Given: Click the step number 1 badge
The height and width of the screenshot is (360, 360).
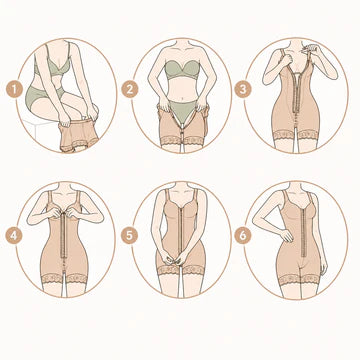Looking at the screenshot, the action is coord(14,89).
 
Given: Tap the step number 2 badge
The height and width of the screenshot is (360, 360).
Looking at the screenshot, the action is coord(129,89).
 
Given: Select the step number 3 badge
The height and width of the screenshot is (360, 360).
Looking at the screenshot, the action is coord(243,89).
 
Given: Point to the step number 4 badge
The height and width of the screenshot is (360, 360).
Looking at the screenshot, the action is coord(14,236).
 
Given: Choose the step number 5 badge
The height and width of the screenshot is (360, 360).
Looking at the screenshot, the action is coord(129,236).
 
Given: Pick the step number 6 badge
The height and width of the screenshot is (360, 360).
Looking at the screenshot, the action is coord(243,236).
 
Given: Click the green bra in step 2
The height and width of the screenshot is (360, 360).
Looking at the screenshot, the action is coord(182,70).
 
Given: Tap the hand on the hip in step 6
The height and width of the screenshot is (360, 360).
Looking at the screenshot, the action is coord(286,235).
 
